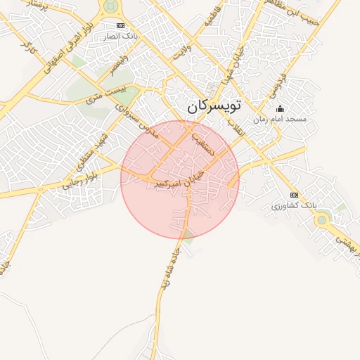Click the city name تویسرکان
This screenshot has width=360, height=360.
pos(214,106)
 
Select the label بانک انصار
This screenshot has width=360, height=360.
pos(120,34)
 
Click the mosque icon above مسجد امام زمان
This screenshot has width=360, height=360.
pos(280,108)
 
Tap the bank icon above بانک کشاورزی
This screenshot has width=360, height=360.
pos(294,195)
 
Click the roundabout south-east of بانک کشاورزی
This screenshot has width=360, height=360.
pos(321,219)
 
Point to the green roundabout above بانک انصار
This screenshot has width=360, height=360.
pos(110,6)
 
